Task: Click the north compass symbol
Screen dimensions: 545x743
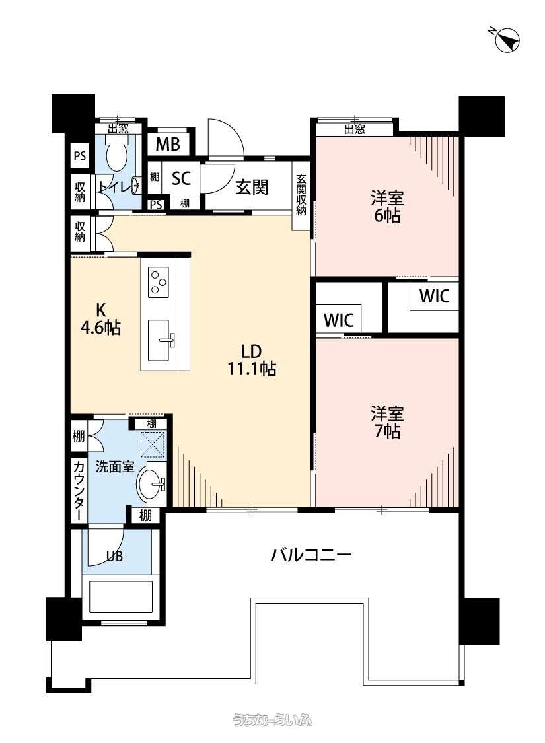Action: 507,40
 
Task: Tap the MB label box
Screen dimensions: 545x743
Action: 168,143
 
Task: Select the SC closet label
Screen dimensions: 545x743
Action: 182,178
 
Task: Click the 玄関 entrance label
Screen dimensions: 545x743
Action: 252,188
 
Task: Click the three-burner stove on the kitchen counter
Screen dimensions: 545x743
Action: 159,282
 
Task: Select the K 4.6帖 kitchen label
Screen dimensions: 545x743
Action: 100,319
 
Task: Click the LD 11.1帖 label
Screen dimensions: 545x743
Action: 252,360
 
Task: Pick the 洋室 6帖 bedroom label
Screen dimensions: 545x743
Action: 387,206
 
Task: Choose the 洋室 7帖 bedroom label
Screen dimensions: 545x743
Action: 387,422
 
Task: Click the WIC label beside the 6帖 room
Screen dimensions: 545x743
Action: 434,296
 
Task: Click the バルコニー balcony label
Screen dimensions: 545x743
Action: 311,554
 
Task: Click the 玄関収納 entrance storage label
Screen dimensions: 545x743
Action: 301,195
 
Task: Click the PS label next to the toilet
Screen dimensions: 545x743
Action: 80,155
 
